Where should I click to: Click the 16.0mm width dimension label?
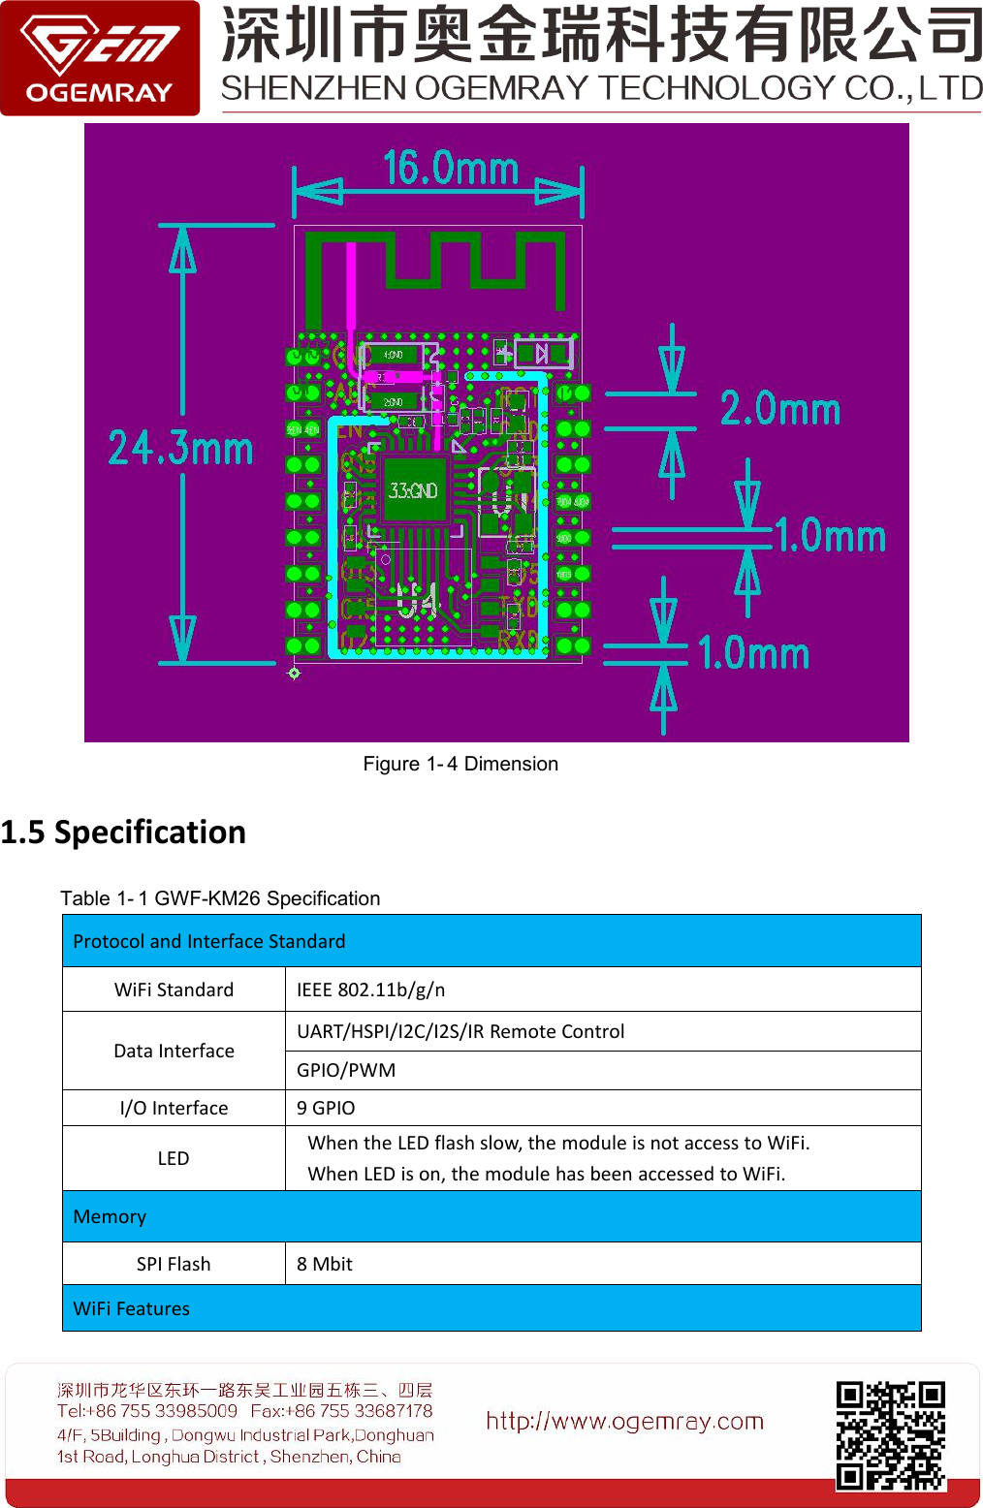click(x=451, y=168)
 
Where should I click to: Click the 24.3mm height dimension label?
click(x=180, y=448)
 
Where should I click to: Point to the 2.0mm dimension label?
click(x=779, y=409)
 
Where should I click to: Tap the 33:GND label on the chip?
click(x=413, y=491)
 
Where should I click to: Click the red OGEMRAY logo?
click(x=100, y=58)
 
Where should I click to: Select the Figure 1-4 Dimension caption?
click(x=460, y=764)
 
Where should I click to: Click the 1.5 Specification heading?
click(x=123, y=833)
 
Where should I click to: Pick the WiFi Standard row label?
click(x=174, y=990)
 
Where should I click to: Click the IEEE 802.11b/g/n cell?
click(x=370, y=990)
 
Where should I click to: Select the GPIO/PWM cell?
click(x=346, y=1070)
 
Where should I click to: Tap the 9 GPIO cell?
click(x=326, y=1108)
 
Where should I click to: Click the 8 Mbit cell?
click(x=324, y=1264)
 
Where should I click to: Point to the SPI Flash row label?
click(x=174, y=1264)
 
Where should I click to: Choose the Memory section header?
click(x=110, y=1216)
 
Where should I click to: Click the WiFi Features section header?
click(x=132, y=1308)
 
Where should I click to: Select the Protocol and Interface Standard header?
click(x=209, y=941)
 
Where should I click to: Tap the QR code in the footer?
click(x=890, y=1435)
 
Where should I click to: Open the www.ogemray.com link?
click(x=624, y=1422)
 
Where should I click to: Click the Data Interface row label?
click(x=174, y=1051)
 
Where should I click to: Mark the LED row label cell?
click(x=174, y=1158)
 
